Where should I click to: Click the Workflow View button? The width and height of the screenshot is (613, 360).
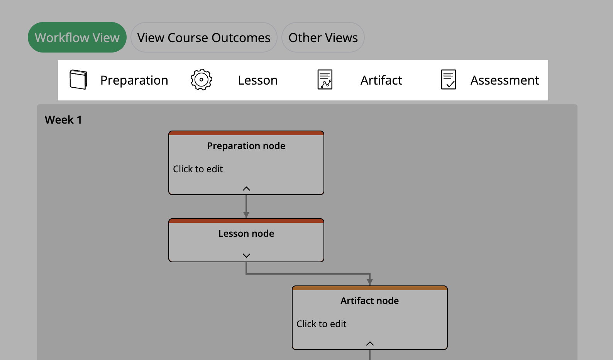(77, 37)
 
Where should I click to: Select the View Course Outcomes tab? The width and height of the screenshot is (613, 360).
(204, 37)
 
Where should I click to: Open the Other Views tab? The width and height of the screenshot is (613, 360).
(323, 37)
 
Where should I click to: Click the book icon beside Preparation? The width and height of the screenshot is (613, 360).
(78, 80)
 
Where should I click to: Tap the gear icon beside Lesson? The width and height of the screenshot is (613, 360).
(201, 80)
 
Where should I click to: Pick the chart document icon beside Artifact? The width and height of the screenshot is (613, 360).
(325, 80)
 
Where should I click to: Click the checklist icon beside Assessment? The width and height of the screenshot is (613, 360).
(448, 80)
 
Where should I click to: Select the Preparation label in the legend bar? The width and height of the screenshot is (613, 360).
(134, 80)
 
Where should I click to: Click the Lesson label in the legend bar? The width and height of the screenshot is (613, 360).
(257, 80)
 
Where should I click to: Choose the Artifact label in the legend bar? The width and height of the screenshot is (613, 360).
(381, 80)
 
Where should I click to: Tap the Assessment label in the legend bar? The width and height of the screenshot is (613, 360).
(505, 80)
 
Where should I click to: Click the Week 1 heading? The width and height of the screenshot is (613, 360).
(63, 120)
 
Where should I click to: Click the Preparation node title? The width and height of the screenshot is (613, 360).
(246, 146)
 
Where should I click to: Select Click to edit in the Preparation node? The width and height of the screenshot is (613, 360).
(198, 169)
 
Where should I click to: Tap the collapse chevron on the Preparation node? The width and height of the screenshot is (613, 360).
(246, 188)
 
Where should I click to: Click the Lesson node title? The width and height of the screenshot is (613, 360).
(246, 234)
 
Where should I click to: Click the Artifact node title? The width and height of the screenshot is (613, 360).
(369, 301)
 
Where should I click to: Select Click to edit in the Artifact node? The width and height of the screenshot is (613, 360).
(322, 324)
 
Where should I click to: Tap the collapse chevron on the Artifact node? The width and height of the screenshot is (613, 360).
(370, 343)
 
